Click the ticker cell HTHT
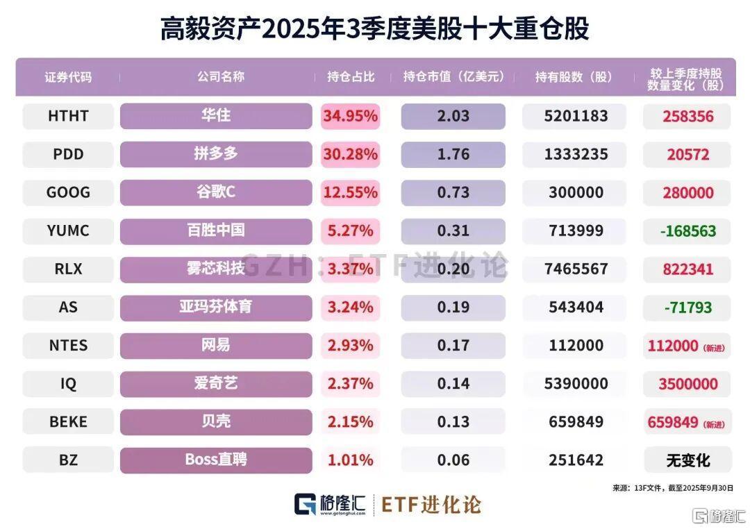68,116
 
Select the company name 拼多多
216,154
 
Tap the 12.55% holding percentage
350,192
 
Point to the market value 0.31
453,230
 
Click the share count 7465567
574,269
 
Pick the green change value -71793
686,307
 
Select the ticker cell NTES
68,345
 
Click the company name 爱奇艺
216,383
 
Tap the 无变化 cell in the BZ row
687,460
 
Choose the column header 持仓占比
351,76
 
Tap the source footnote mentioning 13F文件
672,488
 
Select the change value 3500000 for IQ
686,383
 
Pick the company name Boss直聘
216,460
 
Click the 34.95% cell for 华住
350,116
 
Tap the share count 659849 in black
574,421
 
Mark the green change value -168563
686,230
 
